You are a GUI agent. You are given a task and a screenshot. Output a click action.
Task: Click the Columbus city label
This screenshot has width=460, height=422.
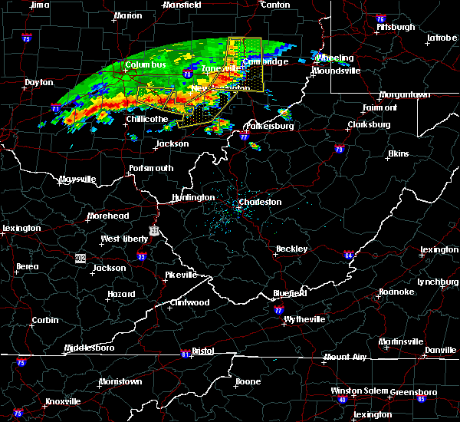[146, 65]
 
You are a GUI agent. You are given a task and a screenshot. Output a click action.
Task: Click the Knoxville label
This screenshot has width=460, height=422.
[63, 401]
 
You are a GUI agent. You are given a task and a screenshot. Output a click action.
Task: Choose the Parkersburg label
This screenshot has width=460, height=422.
[270, 126]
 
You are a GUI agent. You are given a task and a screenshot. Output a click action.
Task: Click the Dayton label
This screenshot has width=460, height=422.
[39, 82]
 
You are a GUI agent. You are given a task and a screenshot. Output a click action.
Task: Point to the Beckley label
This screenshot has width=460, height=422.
[292, 249]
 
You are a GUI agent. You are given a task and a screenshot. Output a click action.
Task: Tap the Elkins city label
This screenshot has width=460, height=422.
[398, 153]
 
